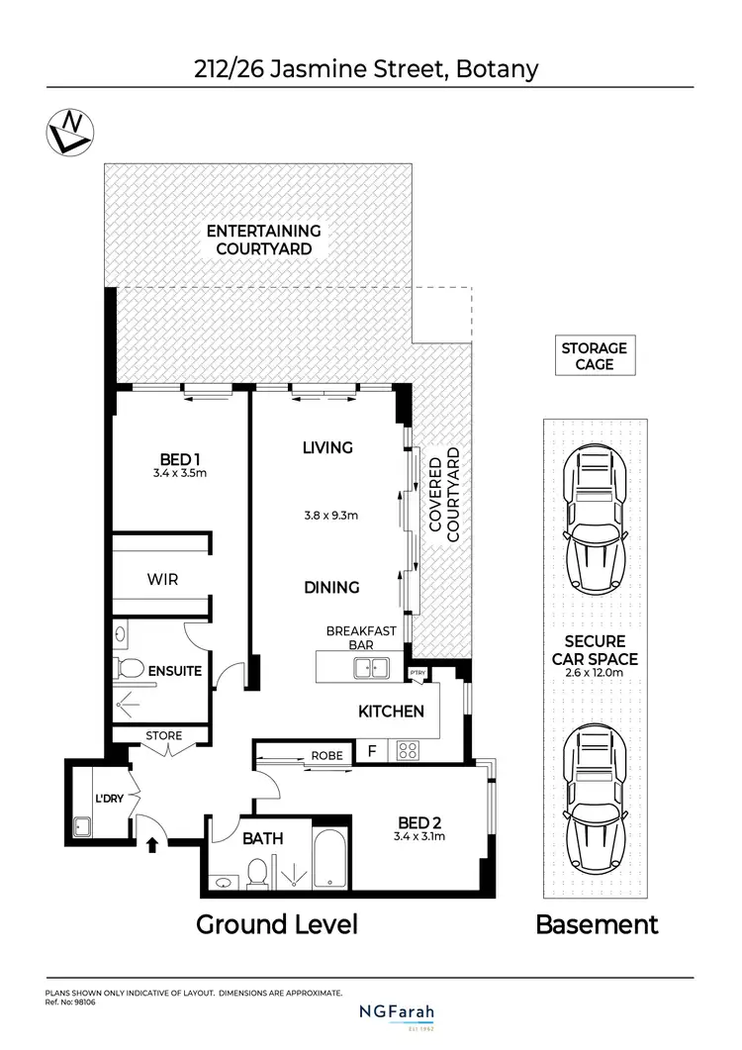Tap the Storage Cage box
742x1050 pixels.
[x=594, y=356]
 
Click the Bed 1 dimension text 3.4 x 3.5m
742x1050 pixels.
[x=180, y=473]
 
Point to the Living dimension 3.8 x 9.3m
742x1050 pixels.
[x=329, y=515]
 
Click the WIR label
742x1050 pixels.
[x=162, y=579]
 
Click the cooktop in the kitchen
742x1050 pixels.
[x=409, y=751]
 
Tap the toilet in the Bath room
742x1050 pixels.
[x=256, y=872]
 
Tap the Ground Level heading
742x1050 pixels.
[x=276, y=924]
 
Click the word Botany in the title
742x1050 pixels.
[x=503, y=70]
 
